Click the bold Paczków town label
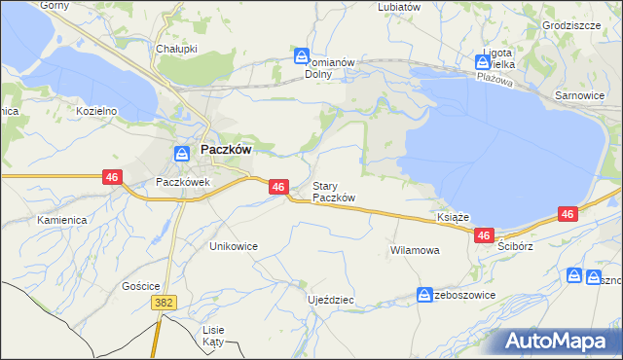227,151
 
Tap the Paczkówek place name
183,182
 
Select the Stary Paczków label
333,192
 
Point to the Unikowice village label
234,246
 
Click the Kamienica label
62,220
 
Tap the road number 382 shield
164,304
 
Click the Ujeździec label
330,300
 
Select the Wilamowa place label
415,250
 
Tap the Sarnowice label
579,96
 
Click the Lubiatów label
399,6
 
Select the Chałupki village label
176,48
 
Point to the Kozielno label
96,111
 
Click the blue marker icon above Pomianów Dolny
303,56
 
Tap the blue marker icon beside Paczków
182,153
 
